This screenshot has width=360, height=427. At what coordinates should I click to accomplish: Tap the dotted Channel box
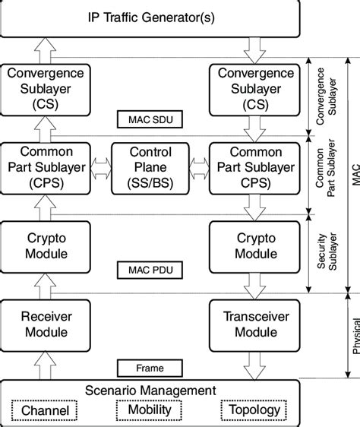click(x=44, y=411)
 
